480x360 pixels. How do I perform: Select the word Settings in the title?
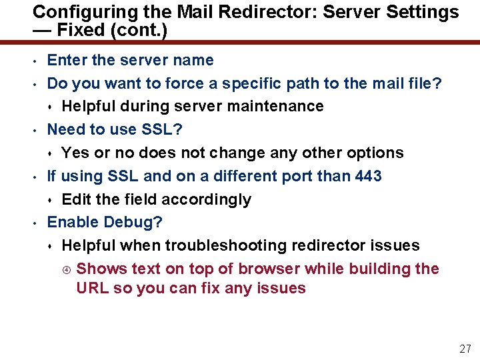pos(427,12)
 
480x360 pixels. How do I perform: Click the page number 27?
pos(465,349)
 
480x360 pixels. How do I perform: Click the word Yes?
pos(76,153)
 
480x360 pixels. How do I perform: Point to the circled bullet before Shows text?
pos(65,269)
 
